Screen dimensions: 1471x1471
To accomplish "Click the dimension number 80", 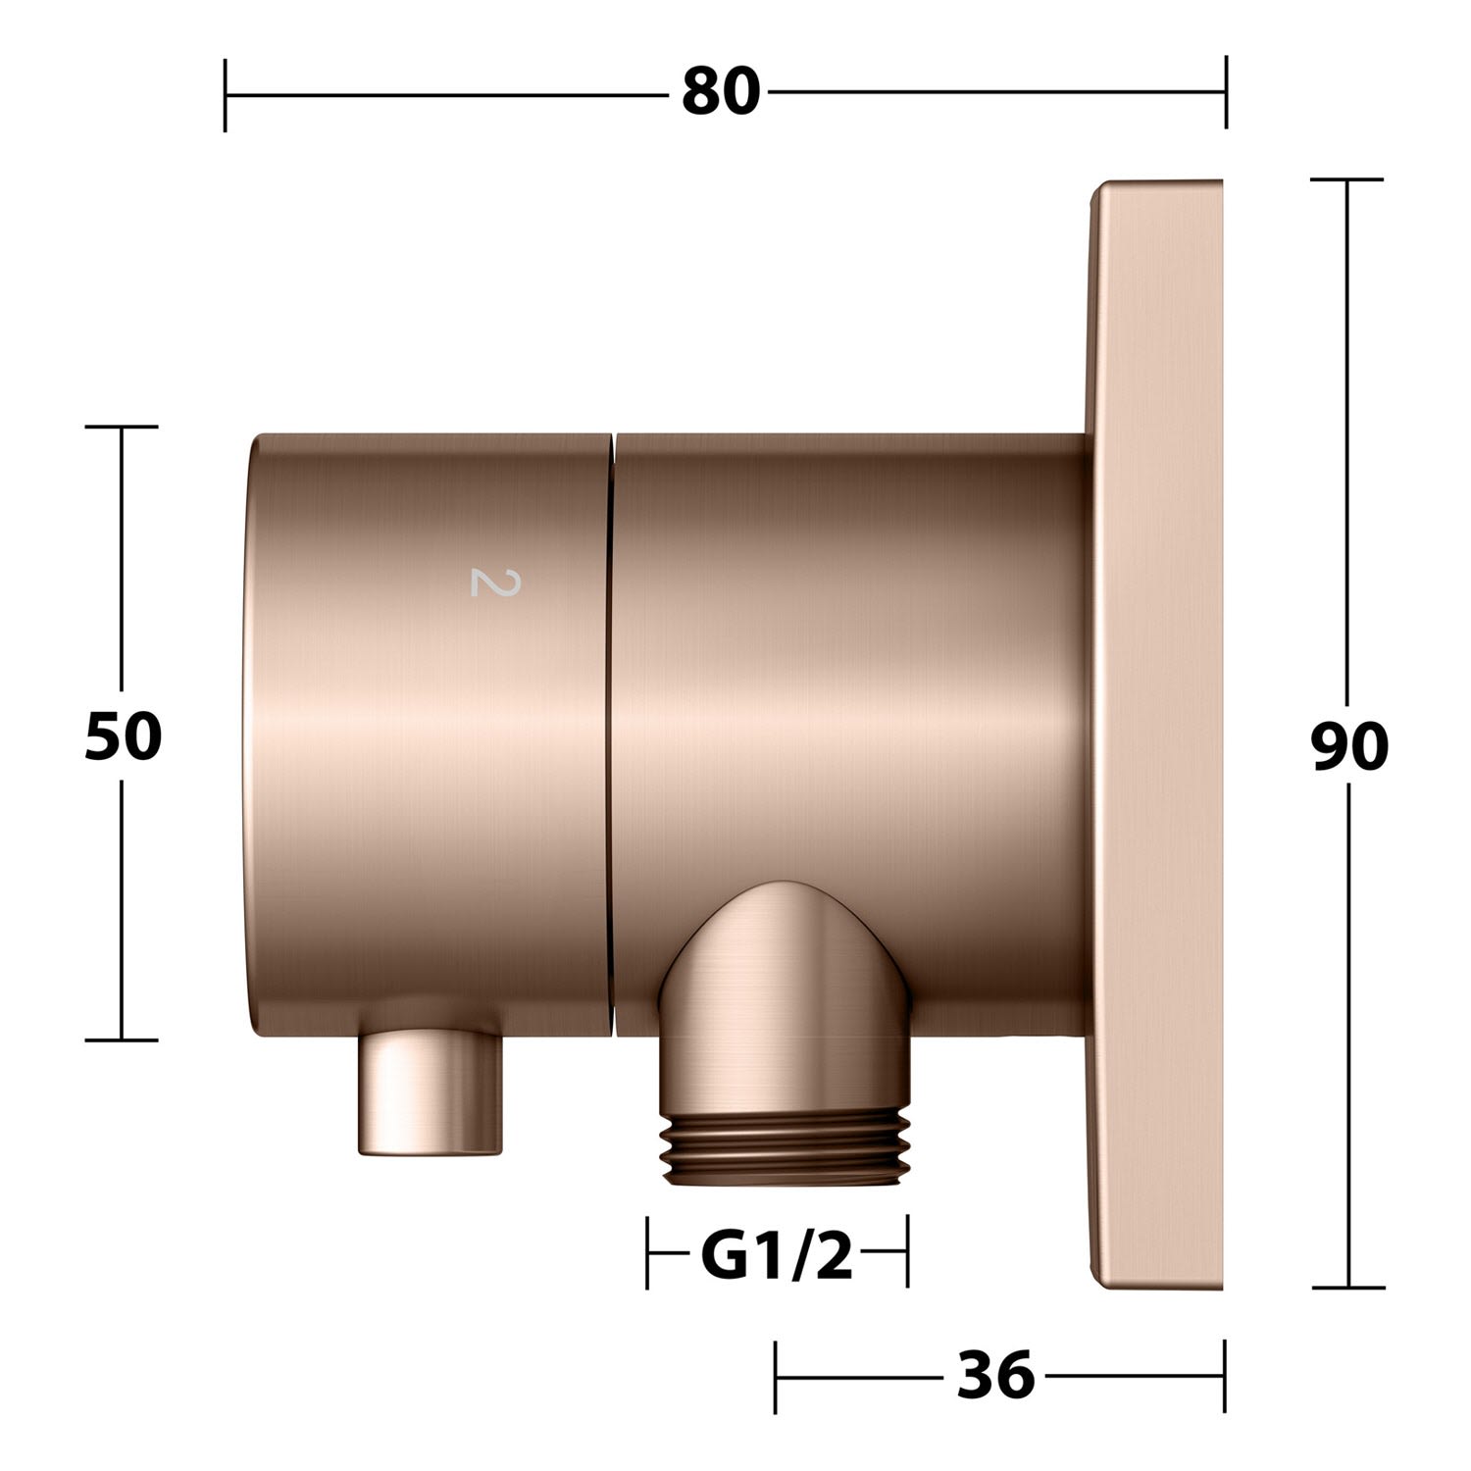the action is [x=721, y=93].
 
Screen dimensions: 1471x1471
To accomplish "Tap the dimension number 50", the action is [x=123, y=736].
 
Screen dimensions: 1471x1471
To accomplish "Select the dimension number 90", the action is [x=1349, y=747].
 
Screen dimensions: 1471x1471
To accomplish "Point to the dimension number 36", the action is [x=995, y=1375].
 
